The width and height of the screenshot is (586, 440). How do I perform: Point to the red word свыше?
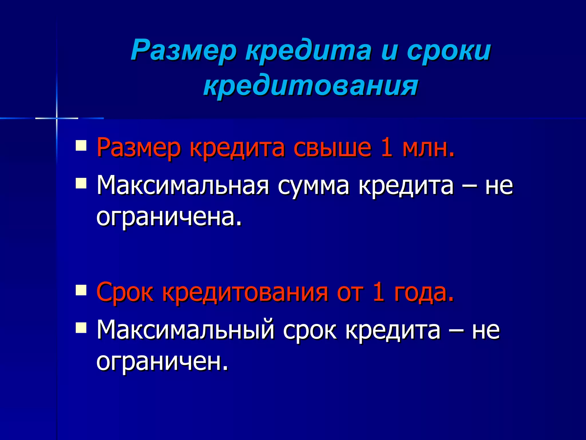[332, 148]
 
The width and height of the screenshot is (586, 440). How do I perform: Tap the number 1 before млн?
[387, 148]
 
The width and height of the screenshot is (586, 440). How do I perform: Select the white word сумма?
[313, 185]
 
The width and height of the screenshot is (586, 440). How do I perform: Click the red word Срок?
[125, 292]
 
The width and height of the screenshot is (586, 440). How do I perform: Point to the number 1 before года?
[378, 292]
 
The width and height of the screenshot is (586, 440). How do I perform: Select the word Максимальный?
[185, 330]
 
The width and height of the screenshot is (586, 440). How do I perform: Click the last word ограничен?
[162, 362]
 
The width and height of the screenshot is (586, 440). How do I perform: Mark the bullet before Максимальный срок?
[81, 327]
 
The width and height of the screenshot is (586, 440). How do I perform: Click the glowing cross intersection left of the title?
[57, 118]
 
